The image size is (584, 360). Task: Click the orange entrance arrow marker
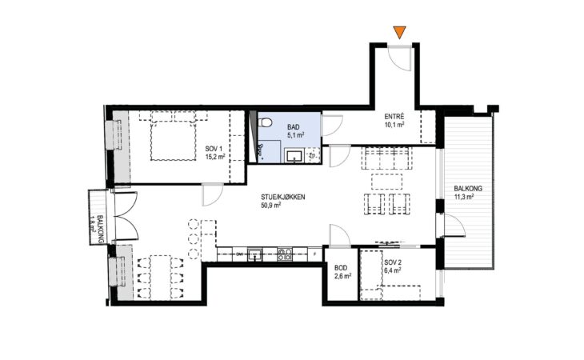tap(400, 32)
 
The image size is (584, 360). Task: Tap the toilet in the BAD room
tap(265, 122)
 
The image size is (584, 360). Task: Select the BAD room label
tap(293, 127)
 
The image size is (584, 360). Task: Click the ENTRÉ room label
tap(394, 117)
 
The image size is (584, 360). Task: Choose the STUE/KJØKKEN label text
tap(282, 197)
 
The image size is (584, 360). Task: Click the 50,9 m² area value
tap(270, 204)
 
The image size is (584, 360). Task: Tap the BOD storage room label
tap(341, 268)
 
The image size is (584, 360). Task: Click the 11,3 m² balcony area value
tap(464, 197)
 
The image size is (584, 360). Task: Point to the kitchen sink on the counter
tap(254, 254)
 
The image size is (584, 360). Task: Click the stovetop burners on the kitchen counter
tap(285, 254)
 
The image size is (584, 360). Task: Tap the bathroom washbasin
tap(294, 155)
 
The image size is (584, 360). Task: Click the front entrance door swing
tap(399, 57)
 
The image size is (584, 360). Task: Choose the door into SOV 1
tap(213, 194)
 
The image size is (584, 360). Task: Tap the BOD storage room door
tap(340, 235)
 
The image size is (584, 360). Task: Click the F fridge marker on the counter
tap(315, 254)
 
